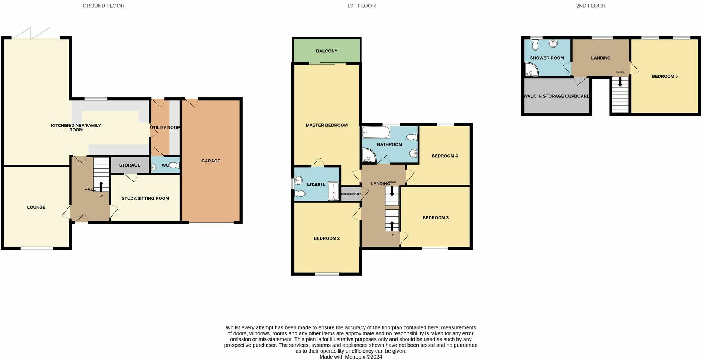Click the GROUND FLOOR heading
(103, 6)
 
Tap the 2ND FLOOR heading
(591, 6)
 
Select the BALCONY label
(327, 51)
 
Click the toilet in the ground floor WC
(174, 165)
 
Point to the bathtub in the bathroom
(376, 132)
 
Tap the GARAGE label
(211, 161)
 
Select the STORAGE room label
(130, 165)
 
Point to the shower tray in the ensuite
(333, 191)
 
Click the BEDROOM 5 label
(665, 76)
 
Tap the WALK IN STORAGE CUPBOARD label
(556, 96)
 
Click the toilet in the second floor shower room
(535, 45)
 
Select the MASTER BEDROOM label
(327, 125)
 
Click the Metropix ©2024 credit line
(351, 357)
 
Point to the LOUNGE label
(36, 207)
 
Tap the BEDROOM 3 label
(436, 218)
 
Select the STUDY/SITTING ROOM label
(145, 198)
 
